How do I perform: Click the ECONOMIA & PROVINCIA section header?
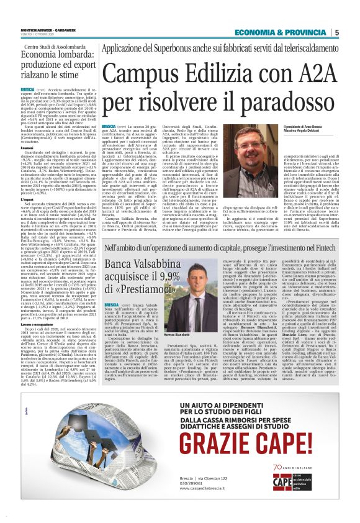[x=295, y=33]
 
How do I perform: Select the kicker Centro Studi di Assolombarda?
[x=53, y=47]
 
